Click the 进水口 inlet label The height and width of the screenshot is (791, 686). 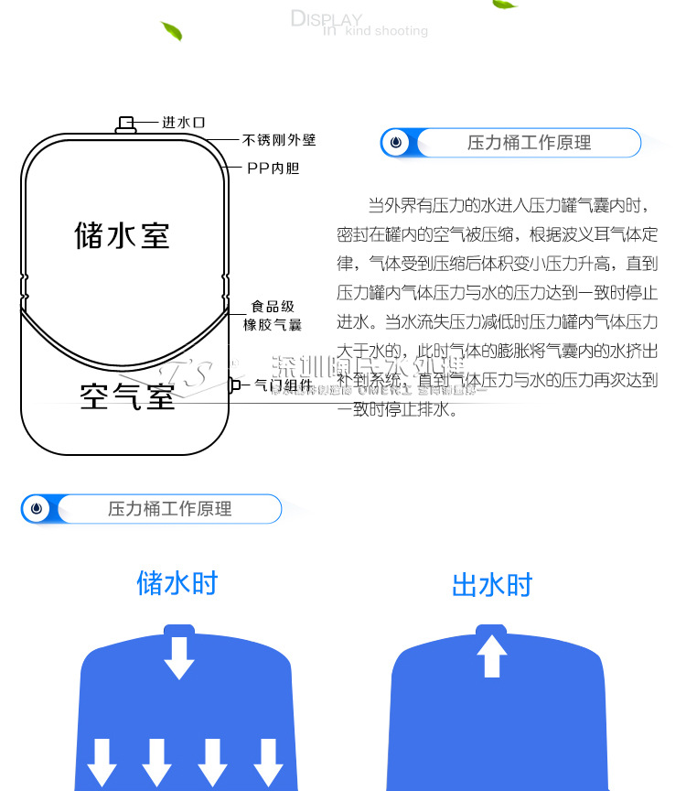pos(183,122)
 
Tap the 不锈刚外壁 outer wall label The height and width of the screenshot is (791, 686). pos(279,140)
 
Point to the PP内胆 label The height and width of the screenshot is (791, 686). pos(273,168)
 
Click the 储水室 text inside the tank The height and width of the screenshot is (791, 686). pos(122,234)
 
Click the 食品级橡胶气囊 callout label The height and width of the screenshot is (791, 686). pos(273,316)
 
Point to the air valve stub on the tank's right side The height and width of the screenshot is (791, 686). pos(233,385)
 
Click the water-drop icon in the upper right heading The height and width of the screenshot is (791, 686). pos(396,143)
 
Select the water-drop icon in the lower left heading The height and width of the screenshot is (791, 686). pos(36,509)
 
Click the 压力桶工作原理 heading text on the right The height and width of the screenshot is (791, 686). pos(529,143)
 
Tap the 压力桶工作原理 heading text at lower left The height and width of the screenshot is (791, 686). pos(170,509)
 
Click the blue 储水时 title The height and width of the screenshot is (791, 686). pos(177,583)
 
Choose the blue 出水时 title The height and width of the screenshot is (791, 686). pos(492,585)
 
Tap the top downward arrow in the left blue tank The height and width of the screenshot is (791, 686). pos(178,656)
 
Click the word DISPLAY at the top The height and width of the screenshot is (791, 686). pos(326,19)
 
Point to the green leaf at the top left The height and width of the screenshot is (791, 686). pos(171,31)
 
